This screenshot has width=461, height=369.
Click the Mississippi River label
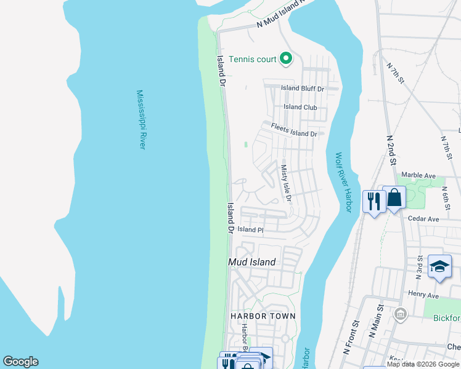point(141,119)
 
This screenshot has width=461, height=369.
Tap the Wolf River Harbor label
point(343,182)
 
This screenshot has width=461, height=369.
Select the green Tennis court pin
point(285,59)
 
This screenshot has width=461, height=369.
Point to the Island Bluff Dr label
point(302,88)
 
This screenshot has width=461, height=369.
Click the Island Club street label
point(300,107)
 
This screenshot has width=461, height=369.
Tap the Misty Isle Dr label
point(285,183)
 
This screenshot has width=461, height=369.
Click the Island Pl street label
point(250,229)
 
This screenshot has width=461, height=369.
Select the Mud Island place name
point(251,262)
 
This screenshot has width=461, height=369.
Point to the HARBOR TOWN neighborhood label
point(263,316)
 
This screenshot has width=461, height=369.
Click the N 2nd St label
point(391,150)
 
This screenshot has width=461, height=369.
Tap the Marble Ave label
point(418,175)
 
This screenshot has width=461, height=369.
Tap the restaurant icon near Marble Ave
point(374,201)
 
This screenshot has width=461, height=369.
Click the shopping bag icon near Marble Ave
point(394,198)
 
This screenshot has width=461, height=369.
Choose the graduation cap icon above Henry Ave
point(439,266)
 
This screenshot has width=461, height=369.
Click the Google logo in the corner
point(20,362)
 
